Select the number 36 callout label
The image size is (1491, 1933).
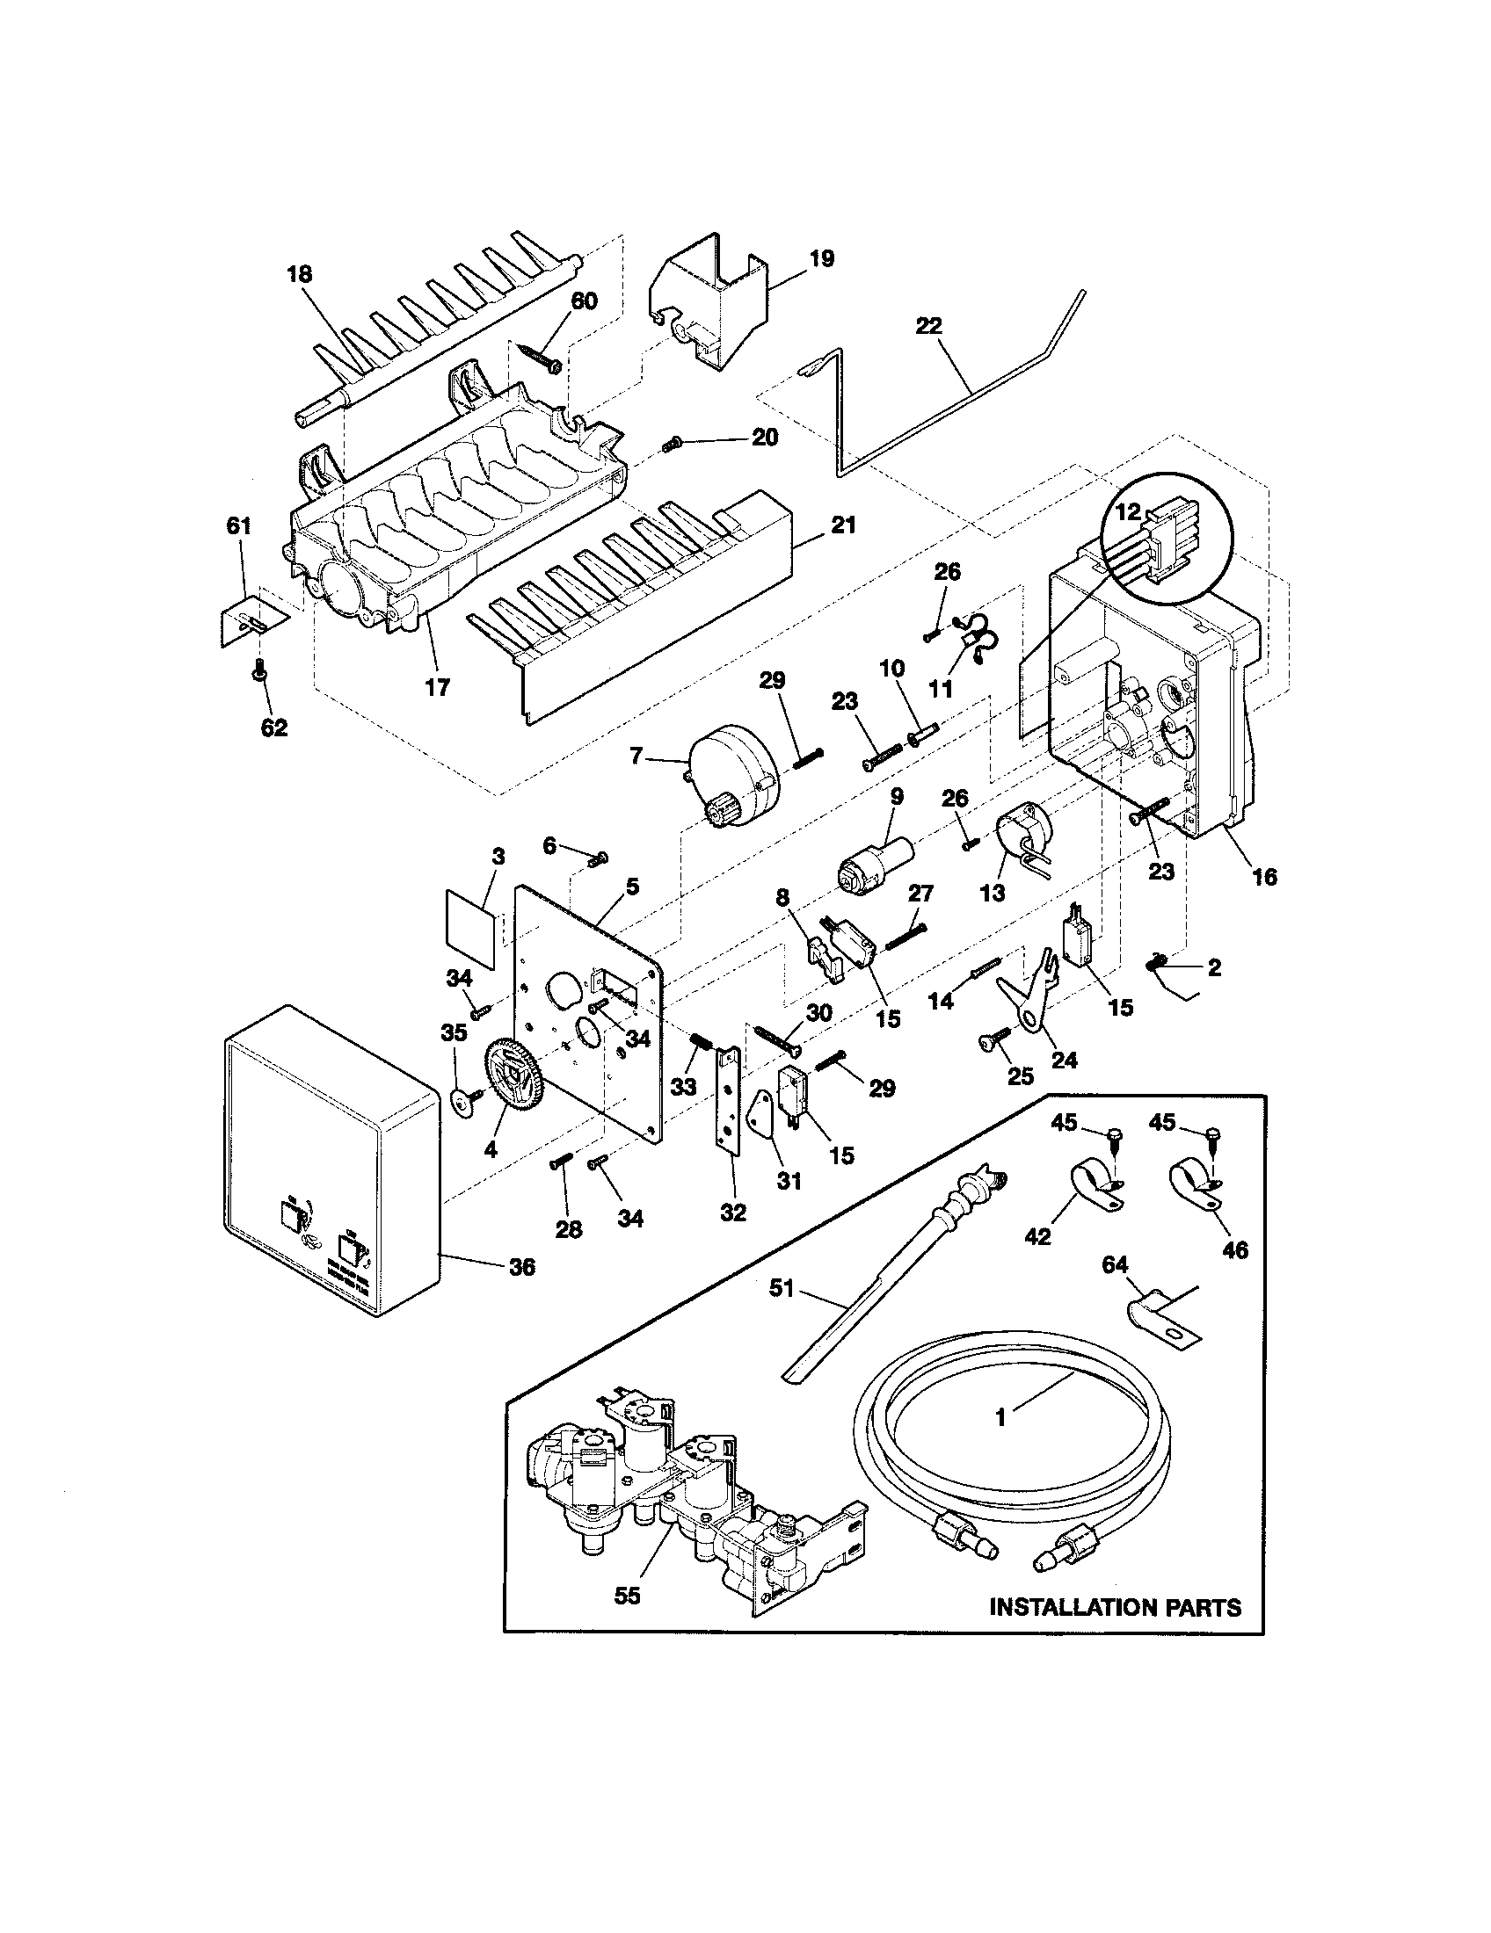pyautogui.click(x=522, y=1267)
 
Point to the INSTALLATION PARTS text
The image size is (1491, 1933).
pyautogui.click(x=1115, y=1607)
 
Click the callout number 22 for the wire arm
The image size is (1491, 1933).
pyautogui.click(x=928, y=327)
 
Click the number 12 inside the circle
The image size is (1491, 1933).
pyautogui.click(x=1128, y=511)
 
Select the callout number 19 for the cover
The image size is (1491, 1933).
pyautogui.click(x=821, y=259)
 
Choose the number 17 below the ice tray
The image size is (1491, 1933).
pyautogui.click(x=438, y=687)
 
